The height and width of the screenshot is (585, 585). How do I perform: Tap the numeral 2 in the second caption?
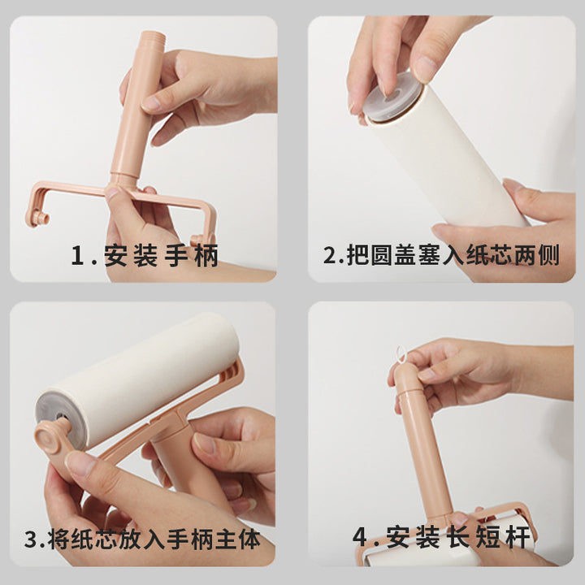[x=330, y=255]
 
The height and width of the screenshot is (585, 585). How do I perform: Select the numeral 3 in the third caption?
[x=31, y=539]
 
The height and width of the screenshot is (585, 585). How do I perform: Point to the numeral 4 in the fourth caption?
[x=360, y=537]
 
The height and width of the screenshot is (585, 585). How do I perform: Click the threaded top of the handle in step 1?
[x=152, y=37]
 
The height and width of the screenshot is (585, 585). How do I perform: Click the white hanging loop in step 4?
[x=401, y=355]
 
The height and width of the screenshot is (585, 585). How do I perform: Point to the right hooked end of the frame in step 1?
[x=201, y=239]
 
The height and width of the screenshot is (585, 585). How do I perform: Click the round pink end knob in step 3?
[x=49, y=436]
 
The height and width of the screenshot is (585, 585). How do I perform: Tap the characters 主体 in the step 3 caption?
[x=237, y=539]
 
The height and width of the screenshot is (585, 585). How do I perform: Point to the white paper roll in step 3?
[x=141, y=377]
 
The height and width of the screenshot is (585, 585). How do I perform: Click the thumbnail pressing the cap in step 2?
[x=425, y=69]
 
